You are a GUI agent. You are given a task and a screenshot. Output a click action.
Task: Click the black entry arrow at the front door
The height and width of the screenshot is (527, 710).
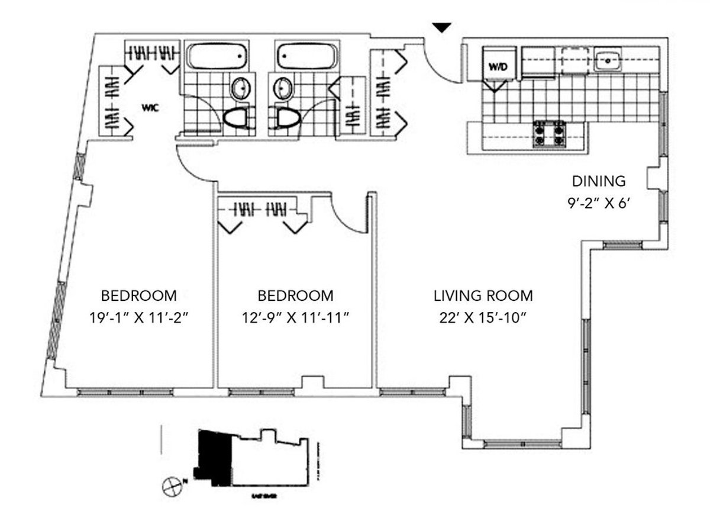pos(442,27)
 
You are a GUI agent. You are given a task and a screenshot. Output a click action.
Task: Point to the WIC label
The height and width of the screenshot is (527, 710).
pos(150,108)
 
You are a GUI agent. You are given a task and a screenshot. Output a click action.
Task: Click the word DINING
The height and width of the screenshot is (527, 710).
pos(598,181)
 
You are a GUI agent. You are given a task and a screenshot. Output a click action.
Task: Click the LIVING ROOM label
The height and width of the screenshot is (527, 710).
pos(483,295)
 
